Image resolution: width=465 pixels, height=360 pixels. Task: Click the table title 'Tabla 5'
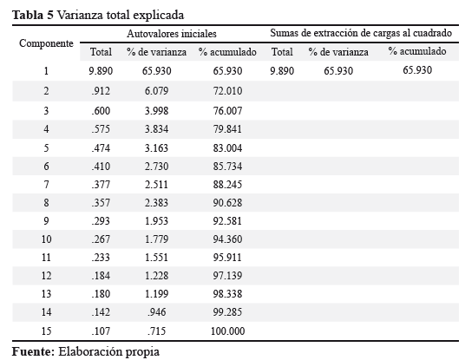tap(33, 15)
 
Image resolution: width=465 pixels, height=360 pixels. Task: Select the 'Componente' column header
tap(46, 43)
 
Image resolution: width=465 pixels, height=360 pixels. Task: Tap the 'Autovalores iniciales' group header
tap(172, 34)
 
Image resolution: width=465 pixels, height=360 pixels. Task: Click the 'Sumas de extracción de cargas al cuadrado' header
tap(361, 33)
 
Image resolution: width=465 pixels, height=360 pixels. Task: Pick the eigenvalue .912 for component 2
tap(101, 91)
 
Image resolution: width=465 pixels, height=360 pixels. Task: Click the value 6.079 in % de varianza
tap(156, 91)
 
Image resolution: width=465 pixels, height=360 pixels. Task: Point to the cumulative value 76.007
tap(227, 111)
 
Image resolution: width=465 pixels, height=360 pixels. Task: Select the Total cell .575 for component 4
tap(101, 129)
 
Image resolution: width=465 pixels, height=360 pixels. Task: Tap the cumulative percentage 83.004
tap(227, 148)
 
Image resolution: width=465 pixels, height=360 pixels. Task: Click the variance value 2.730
tap(156, 167)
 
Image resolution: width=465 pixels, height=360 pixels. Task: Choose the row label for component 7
tap(46, 185)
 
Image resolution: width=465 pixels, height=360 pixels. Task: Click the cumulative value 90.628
tap(227, 203)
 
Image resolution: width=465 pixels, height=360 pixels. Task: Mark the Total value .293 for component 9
tap(101, 221)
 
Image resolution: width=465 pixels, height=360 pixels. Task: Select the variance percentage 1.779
tap(156, 239)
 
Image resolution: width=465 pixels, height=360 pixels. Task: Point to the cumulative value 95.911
tap(227, 258)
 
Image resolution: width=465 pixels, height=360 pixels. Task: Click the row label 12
tap(46, 276)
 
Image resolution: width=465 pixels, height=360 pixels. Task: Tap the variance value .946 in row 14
tap(156, 312)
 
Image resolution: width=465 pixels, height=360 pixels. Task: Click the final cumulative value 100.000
tap(228, 331)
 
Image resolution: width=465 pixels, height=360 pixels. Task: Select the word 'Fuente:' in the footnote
tap(34, 351)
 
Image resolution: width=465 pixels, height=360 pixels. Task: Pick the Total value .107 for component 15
tap(101, 331)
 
